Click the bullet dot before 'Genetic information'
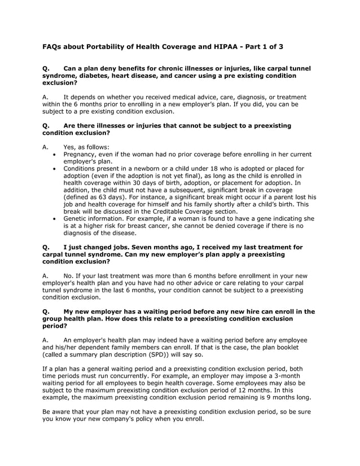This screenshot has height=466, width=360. pos(54,218)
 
